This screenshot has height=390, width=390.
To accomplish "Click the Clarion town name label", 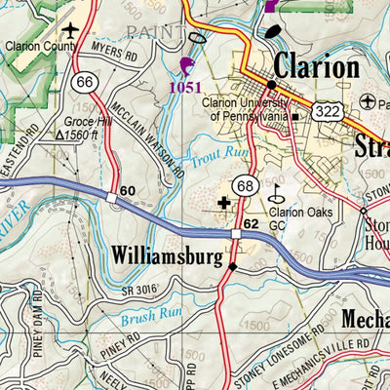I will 316,67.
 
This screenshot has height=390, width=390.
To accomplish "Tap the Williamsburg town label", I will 172,255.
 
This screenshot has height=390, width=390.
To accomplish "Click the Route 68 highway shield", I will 244,185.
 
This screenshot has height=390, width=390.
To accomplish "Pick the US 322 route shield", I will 328,112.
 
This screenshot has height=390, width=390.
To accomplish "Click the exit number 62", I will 251,223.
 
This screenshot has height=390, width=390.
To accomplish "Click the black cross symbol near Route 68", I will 226,203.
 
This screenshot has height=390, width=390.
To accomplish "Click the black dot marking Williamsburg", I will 232,267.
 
